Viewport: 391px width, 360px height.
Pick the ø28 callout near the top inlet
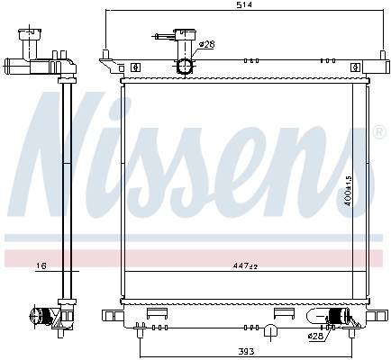tap(205, 45)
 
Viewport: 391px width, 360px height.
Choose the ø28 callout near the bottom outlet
tap(315, 337)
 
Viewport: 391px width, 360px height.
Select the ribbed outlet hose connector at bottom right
tap(338, 316)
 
